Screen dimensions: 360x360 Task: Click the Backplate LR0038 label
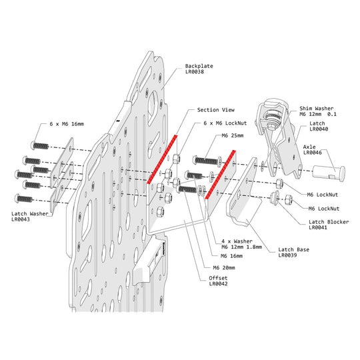[199, 69]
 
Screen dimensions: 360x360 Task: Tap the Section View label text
[216, 110]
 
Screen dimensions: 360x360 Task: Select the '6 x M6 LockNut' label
[225, 123]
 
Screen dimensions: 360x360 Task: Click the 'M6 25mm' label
[233, 135]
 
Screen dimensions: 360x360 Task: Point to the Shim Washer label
[318, 111]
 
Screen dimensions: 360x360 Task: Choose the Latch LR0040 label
[319, 126]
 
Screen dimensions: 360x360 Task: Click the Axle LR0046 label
[313, 150]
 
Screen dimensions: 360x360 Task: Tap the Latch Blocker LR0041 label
[329, 225]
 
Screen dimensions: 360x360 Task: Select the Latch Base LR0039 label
[293, 252]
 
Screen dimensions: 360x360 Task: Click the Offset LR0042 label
[218, 281]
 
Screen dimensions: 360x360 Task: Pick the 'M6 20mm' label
[224, 267]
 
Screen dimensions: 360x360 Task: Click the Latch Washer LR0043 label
[30, 217]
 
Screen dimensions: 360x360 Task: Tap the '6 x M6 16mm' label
[67, 124]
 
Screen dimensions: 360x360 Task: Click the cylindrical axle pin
[329, 173]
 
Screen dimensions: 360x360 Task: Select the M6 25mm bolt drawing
[206, 160]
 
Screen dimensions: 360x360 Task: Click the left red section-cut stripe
[162, 159]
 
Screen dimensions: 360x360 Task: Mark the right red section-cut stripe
[221, 175]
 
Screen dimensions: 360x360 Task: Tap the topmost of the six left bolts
[39, 145]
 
